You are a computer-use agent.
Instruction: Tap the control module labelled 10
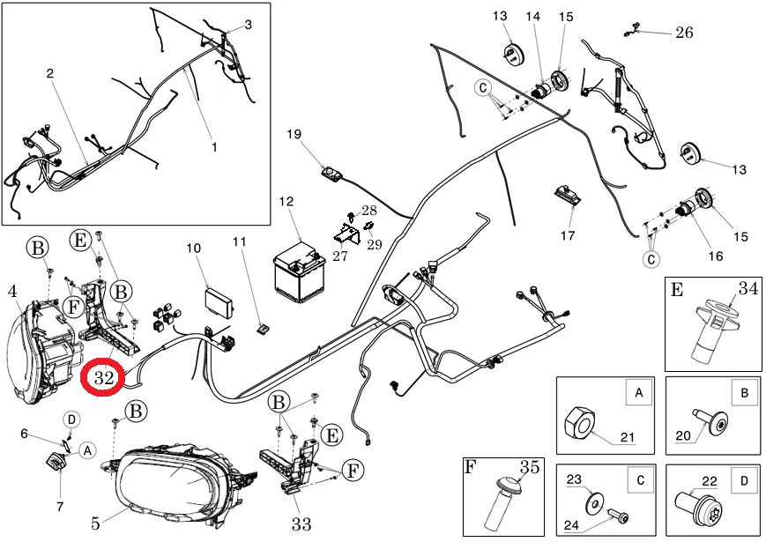click(x=220, y=295)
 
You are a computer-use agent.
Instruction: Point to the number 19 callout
click(x=294, y=134)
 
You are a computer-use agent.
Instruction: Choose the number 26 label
click(x=683, y=33)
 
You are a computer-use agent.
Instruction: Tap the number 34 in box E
click(x=747, y=286)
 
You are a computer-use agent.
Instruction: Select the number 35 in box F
click(x=529, y=467)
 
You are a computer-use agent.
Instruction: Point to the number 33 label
click(x=301, y=525)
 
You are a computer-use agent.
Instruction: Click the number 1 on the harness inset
click(x=213, y=146)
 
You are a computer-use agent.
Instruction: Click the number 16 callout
click(x=715, y=256)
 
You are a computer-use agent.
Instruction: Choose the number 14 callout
click(x=533, y=17)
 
